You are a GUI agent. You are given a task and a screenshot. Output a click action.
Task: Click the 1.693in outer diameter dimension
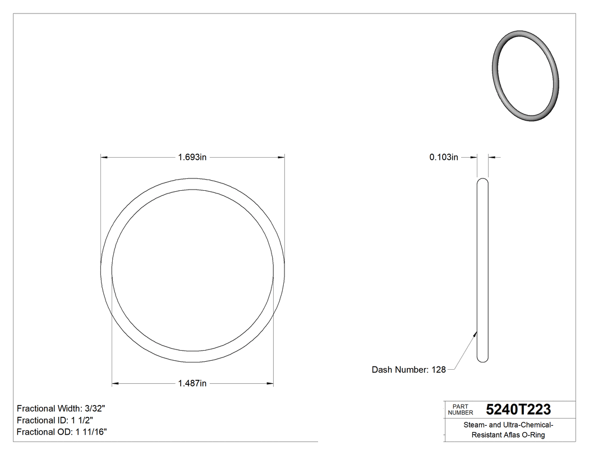pos(192,158)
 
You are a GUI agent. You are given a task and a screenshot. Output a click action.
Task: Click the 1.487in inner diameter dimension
pos(192,384)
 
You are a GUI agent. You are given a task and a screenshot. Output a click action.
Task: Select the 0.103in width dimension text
pos(444,158)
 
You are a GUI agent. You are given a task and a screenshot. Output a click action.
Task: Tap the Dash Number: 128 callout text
pos(408,370)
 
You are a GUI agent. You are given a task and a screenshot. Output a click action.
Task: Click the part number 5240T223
pos(518,409)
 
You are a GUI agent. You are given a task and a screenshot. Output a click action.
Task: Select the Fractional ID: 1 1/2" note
pos(55,420)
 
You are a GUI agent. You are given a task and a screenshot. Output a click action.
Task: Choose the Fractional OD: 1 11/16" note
pos(62,432)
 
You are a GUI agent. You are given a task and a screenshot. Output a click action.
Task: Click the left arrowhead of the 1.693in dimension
pos(104,158)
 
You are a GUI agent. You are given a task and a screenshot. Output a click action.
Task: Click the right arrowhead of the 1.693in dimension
pos(282,158)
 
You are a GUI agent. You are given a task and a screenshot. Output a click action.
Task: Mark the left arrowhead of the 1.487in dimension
pos(115,384)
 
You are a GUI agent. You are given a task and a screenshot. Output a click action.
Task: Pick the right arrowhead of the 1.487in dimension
pos(270,384)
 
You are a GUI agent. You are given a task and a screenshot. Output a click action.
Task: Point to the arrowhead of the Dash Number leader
pos(476,333)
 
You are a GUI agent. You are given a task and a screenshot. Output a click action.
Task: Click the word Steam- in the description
pos(475,425)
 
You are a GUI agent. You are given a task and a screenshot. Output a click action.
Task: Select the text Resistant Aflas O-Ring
pos(508,435)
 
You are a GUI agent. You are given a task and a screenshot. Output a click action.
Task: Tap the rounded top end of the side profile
pos(482,181)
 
